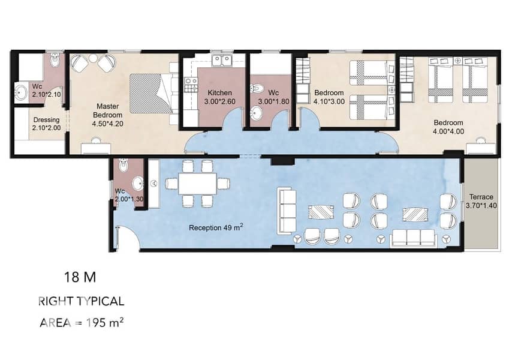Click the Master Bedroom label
point(107,115)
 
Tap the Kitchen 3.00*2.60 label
point(220,97)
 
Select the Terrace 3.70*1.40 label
point(481,201)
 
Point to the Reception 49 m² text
point(216,227)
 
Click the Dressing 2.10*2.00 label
point(46,124)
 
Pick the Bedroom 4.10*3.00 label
point(329,97)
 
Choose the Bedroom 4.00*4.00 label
point(448,127)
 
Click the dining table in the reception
point(197,184)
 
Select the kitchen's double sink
point(221,60)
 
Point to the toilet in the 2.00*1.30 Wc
point(123,165)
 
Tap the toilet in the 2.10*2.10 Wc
point(55,60)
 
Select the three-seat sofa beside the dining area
point(288,211)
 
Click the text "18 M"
point(80,277)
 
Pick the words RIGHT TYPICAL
point(81,301)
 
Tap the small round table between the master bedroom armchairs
point(93,58)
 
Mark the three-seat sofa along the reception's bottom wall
point(413,238)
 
